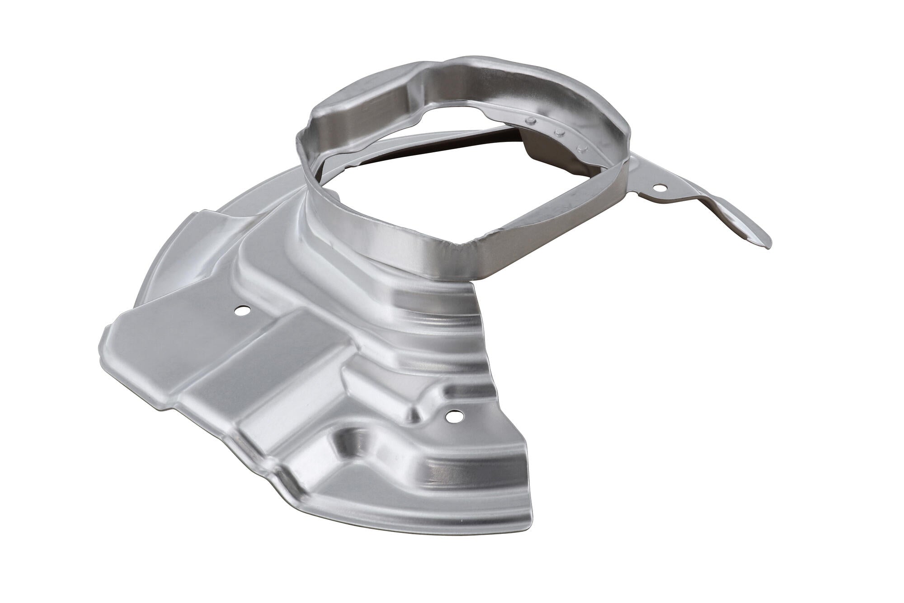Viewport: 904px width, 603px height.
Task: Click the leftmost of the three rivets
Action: pos(531,120)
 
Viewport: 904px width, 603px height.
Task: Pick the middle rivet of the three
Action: pos(560,133)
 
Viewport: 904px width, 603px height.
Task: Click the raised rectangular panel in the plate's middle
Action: pos(253,362)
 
